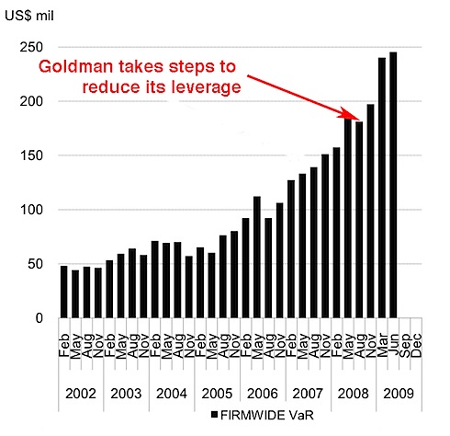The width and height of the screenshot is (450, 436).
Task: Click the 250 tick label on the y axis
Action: point(36,47)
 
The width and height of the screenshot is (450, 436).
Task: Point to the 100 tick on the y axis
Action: point(36,210)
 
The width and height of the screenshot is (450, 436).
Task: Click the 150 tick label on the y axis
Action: point(36,155)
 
